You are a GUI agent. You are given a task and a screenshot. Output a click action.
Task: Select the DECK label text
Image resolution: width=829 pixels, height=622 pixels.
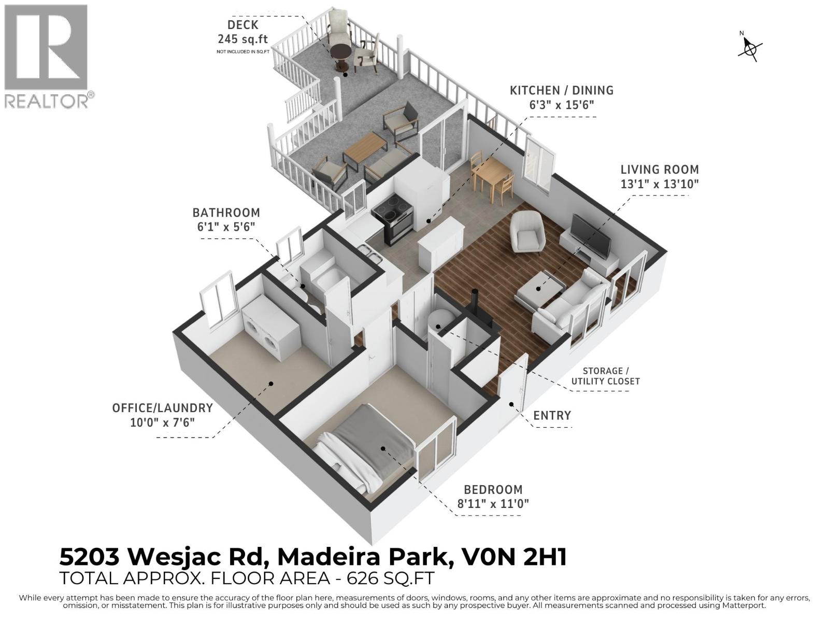(243, 25)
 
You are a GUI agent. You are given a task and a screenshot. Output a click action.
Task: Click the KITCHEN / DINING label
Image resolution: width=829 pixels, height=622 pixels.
(562, 90)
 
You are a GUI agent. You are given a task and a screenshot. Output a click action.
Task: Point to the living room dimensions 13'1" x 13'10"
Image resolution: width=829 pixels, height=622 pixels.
(660, 184)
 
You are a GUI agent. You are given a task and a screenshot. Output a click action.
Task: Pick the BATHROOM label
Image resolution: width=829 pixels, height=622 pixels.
(226, 213)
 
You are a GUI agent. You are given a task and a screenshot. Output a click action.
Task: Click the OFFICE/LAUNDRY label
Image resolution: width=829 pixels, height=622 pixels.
(162, 408)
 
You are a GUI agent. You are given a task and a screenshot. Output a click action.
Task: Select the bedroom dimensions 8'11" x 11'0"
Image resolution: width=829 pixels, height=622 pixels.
(493, 503)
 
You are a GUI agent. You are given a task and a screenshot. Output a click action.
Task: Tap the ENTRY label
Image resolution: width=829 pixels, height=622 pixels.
(552, 415)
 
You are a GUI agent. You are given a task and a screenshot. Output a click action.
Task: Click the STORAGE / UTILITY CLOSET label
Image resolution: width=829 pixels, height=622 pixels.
(605, 376)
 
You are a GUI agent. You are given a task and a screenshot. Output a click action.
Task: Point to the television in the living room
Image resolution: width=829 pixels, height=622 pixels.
(591, 236)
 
